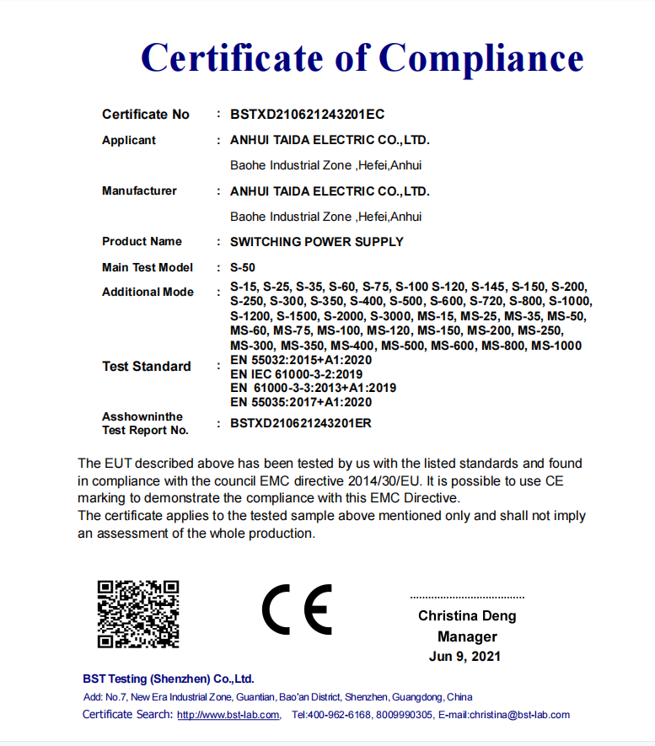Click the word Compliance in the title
pyautogui.click(x=481, y=58)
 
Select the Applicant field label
pyautogui.click(x=129, y=140)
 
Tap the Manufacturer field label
pyautogui.click(x=139, y=191)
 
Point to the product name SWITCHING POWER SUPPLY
pyautogui.click(x=317, y=242)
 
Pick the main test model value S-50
pyautogui.click(x=243, y=267)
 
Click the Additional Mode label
pyautogui.click(x=148, y=292)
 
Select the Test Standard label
pyautogui.click(x=146, y=366)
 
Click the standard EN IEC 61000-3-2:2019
pyautogui.click(x=296, y=373)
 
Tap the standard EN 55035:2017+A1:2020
pyautogui.click(x=300, y=402)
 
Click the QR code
pyautogui.click(x=138, y=614)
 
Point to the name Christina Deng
pyautogui.click(x=467, y=616)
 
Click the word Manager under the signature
pyautogui.click(x=467, y=636)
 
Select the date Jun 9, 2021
pyautogui.click(x=464, y=657)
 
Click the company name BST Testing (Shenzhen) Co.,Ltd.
pyautogui.click(x=169, y=679)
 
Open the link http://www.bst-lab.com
pyautogui.click(x=228, y=715)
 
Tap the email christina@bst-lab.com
pyautogui.click(x=520, y=715)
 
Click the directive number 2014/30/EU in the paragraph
pyautogui.click(x=388, y=480)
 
